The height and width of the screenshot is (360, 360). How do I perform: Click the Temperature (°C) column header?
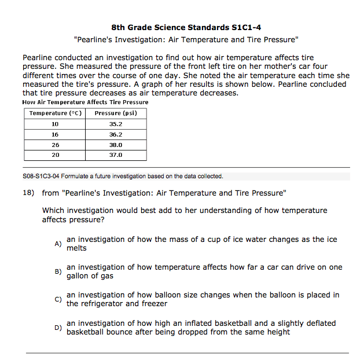point(55,113)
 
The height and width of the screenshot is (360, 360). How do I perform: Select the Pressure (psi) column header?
point(116,113)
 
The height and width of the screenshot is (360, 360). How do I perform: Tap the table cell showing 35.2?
point(116,124)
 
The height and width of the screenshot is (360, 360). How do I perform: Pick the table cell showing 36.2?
point(116,134)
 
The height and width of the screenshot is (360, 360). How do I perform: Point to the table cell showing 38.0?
point(116,145)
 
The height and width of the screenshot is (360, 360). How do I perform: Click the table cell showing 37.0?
point(116,155)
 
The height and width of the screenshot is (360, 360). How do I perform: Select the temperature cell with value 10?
point(55,124)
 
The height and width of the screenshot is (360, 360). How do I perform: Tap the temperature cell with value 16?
point(55,134)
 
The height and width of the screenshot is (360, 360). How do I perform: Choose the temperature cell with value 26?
point(55,145)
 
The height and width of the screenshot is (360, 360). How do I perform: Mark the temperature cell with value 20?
point(55,155)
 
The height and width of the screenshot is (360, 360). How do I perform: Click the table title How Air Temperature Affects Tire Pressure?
point(85,102)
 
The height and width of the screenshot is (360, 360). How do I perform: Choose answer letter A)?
point(58,244)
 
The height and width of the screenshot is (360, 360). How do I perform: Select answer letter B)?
point(58,271)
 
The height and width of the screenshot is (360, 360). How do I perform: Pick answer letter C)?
point(58,299)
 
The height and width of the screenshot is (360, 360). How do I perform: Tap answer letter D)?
point(58,328)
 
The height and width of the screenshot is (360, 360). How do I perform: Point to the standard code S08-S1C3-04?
point(40,177)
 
